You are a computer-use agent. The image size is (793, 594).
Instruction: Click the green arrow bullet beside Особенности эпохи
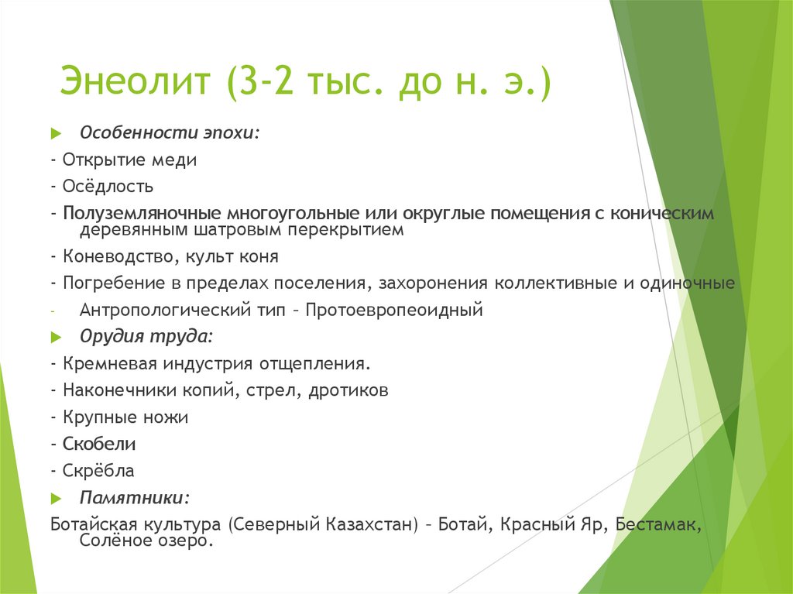[55, 134]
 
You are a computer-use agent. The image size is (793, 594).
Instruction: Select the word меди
[177, 160]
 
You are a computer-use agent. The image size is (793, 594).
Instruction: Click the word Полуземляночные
[142, 213]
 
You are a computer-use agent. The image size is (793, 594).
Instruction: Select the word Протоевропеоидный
[394, 310]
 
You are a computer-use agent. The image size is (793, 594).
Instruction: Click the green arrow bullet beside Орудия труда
[55, 338]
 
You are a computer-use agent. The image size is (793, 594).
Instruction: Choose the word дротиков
[348, 390]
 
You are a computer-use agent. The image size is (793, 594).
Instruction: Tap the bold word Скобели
[99, 444]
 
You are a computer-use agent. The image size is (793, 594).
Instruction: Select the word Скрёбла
[98, 470]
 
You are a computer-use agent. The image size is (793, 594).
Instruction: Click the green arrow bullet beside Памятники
[55, 497]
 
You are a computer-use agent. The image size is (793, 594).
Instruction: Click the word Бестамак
[658, 524]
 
